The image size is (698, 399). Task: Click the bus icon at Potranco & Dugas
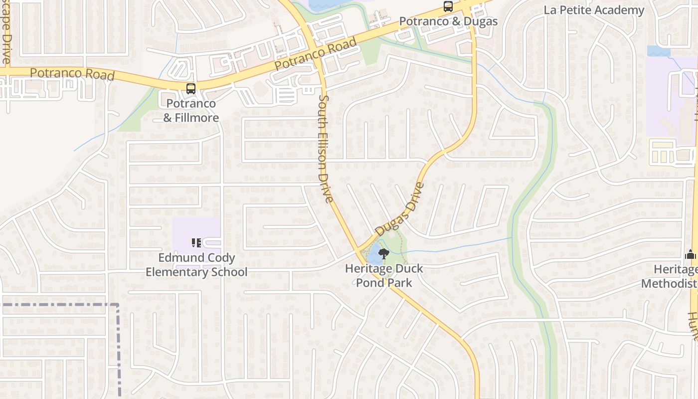tap(448, 6)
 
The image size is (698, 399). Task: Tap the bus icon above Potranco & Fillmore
tap(190, 89)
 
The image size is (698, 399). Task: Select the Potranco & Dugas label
tap(448, 21)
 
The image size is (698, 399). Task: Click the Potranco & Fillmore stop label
tap(191, 111)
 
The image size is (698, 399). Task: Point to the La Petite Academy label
tap(594, 10)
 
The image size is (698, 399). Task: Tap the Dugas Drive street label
tap(400, 209)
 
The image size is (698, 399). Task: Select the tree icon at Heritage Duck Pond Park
tap(383, 254)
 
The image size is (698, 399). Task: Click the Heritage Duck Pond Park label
tap(384, 275)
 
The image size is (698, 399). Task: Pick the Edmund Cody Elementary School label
tap(196, 265)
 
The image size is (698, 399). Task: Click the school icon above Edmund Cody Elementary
tap(196, 243)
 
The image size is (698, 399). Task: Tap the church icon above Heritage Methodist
tap(690, 254)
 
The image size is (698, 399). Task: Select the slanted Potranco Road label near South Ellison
tap(316, 54)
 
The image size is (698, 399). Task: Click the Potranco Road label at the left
tap(72, 74)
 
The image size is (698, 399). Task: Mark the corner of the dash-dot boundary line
tap(118, 304)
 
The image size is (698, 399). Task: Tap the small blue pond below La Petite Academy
tap(658, 51)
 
